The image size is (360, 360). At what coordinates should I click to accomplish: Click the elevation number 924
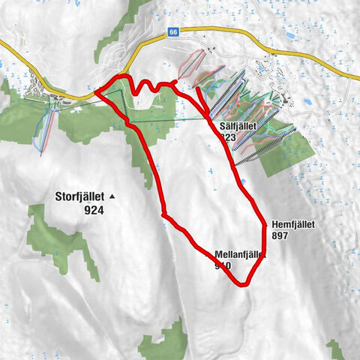click(94, 211)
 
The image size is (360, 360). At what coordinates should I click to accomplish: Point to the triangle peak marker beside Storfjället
click(112, 196)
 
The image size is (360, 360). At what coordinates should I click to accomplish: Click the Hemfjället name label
click(292, 223)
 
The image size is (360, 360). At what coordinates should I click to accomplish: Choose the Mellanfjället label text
click(241, 254)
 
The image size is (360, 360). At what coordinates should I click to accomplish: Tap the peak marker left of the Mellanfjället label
click(208, 254)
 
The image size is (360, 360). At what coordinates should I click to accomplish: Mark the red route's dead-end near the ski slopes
click(198, 89)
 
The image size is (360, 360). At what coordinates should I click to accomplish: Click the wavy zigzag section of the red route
click(150, 86)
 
